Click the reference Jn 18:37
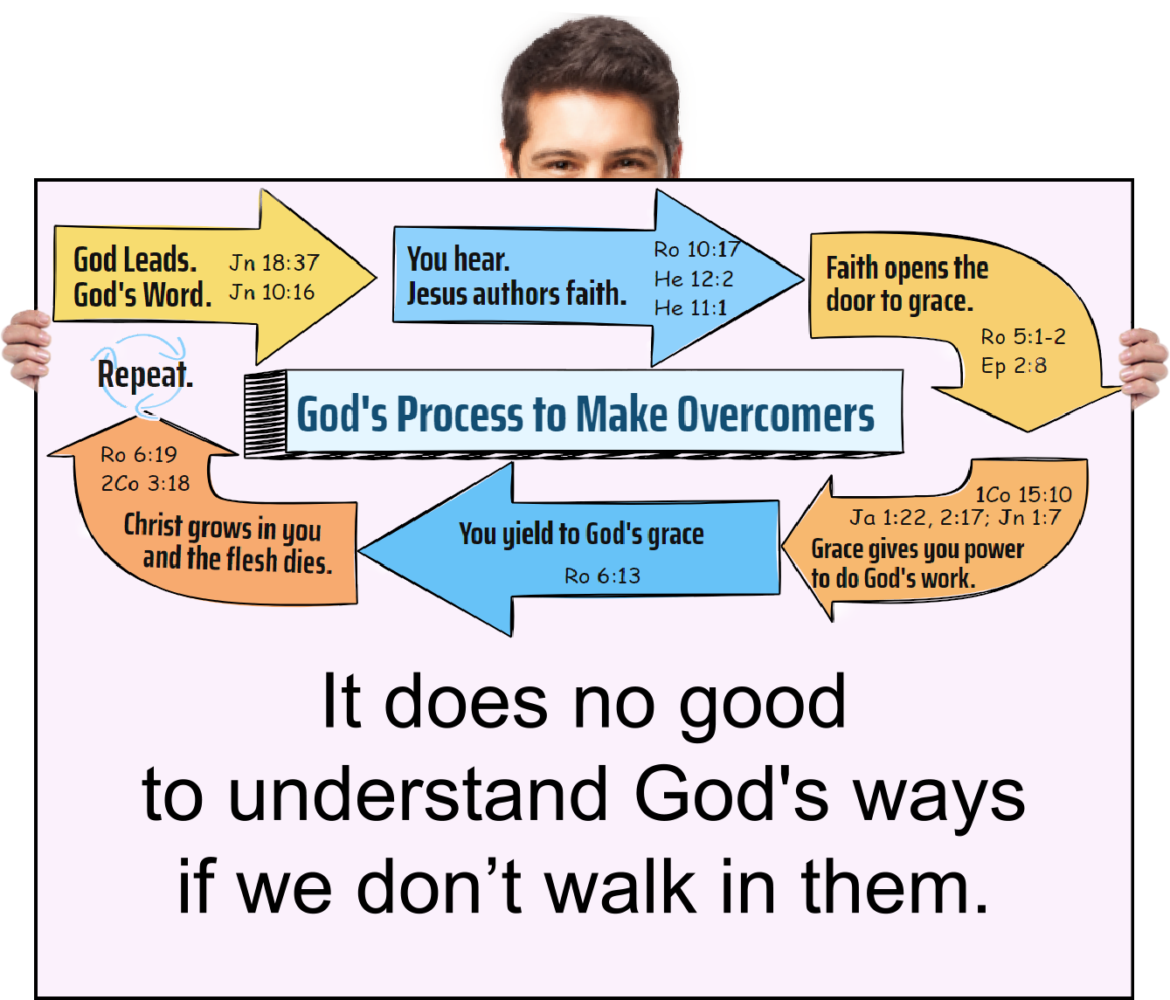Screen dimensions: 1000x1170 (x=274, y=262)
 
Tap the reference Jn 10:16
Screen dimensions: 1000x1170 (x=272, y=293)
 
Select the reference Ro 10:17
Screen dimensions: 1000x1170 (x=696, y=250)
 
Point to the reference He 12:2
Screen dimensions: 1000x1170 (x=694, y=279)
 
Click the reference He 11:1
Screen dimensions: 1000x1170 (x=690, y=308)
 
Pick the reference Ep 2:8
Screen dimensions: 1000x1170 (x=1014, y=366)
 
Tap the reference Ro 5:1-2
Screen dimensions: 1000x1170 (x=1022, y=336)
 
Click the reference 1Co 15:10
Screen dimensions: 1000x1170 (x=1023, y=494)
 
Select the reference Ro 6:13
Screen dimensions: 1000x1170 (x=602, y=576)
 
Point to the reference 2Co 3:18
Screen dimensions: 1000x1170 (x=145, y=484)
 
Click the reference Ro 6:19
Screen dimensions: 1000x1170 (x=138, y=455)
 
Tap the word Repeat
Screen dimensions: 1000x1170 (x=144, y=376)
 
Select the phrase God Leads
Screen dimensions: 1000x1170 (x=135, y=260)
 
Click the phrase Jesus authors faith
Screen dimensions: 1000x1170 (x=516, y=294)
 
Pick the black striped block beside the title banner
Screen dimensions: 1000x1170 (x=265, y=413)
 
